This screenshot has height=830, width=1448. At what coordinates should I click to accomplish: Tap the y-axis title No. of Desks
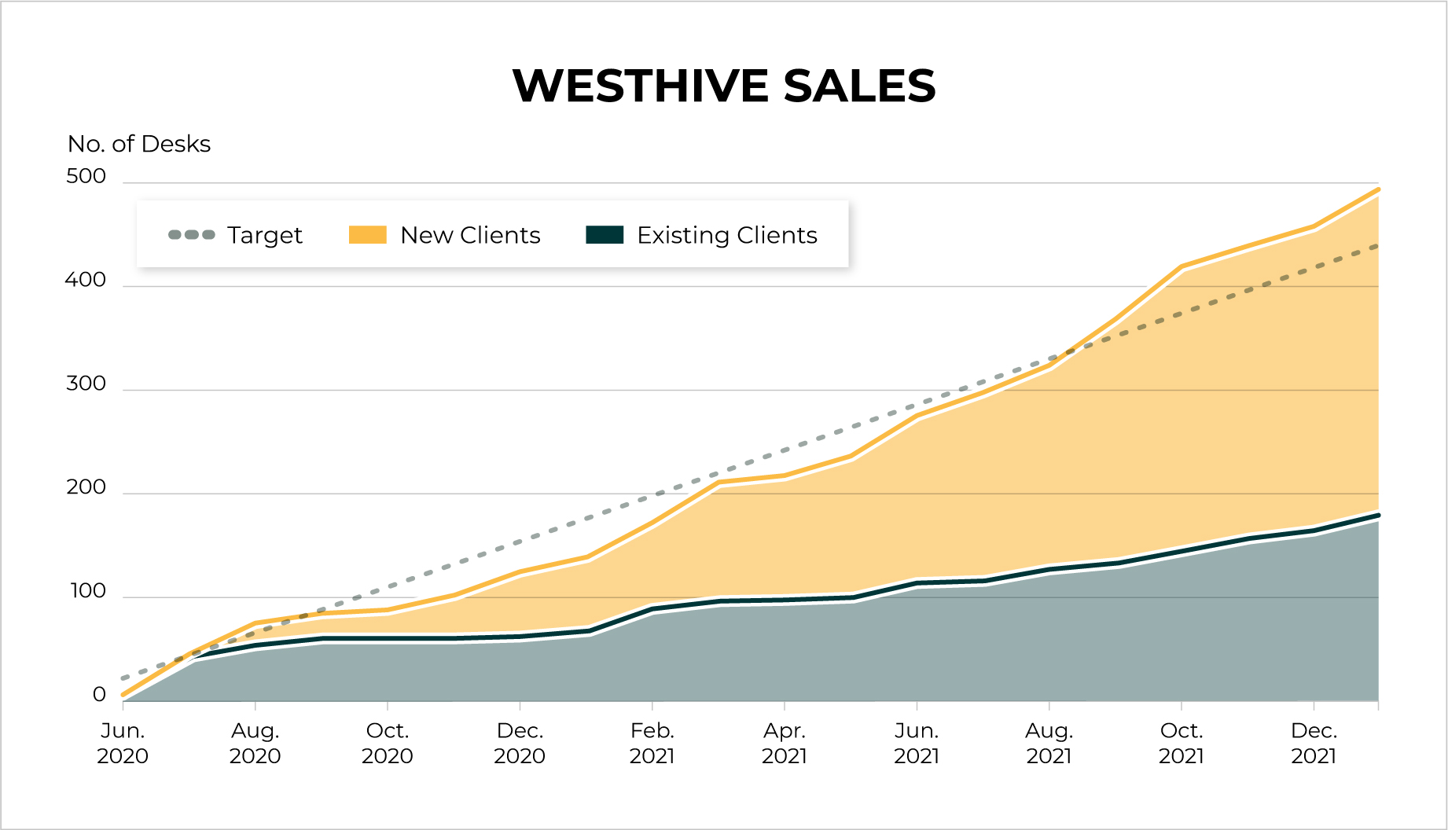coord(139,144)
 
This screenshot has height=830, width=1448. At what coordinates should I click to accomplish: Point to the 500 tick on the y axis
coord(86,176)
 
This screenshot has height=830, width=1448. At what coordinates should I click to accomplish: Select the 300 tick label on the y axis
coord(86,384)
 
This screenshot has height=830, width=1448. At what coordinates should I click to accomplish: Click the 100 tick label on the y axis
coord(88,591)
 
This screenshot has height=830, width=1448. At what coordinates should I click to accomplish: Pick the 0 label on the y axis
coord(99,695)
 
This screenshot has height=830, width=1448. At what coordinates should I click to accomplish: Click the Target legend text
coord(264,235)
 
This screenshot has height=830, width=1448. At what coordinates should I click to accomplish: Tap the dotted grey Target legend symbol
coord(192,234)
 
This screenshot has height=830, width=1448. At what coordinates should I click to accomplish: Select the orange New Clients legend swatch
coord(368,234)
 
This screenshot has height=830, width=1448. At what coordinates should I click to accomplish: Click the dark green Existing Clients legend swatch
coord(605,234)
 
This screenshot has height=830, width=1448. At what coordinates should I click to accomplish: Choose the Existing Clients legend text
coord(726,235)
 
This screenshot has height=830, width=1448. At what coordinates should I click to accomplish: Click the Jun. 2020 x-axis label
coord(123,743)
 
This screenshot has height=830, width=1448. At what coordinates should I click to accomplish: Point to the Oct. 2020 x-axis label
coord(387,743)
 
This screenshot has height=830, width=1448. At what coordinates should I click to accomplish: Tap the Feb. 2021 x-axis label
coord(652,743)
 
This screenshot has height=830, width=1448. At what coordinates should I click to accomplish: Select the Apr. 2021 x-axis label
coord(785,743)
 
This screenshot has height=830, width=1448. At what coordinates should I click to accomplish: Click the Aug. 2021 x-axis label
coord(1049,743)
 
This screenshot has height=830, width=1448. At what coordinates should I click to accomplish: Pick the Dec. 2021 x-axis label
coord(1314,743)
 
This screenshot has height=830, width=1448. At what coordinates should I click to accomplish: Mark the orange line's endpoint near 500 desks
coord(1377,189)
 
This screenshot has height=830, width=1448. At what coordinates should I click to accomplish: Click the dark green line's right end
coord(1377,516)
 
